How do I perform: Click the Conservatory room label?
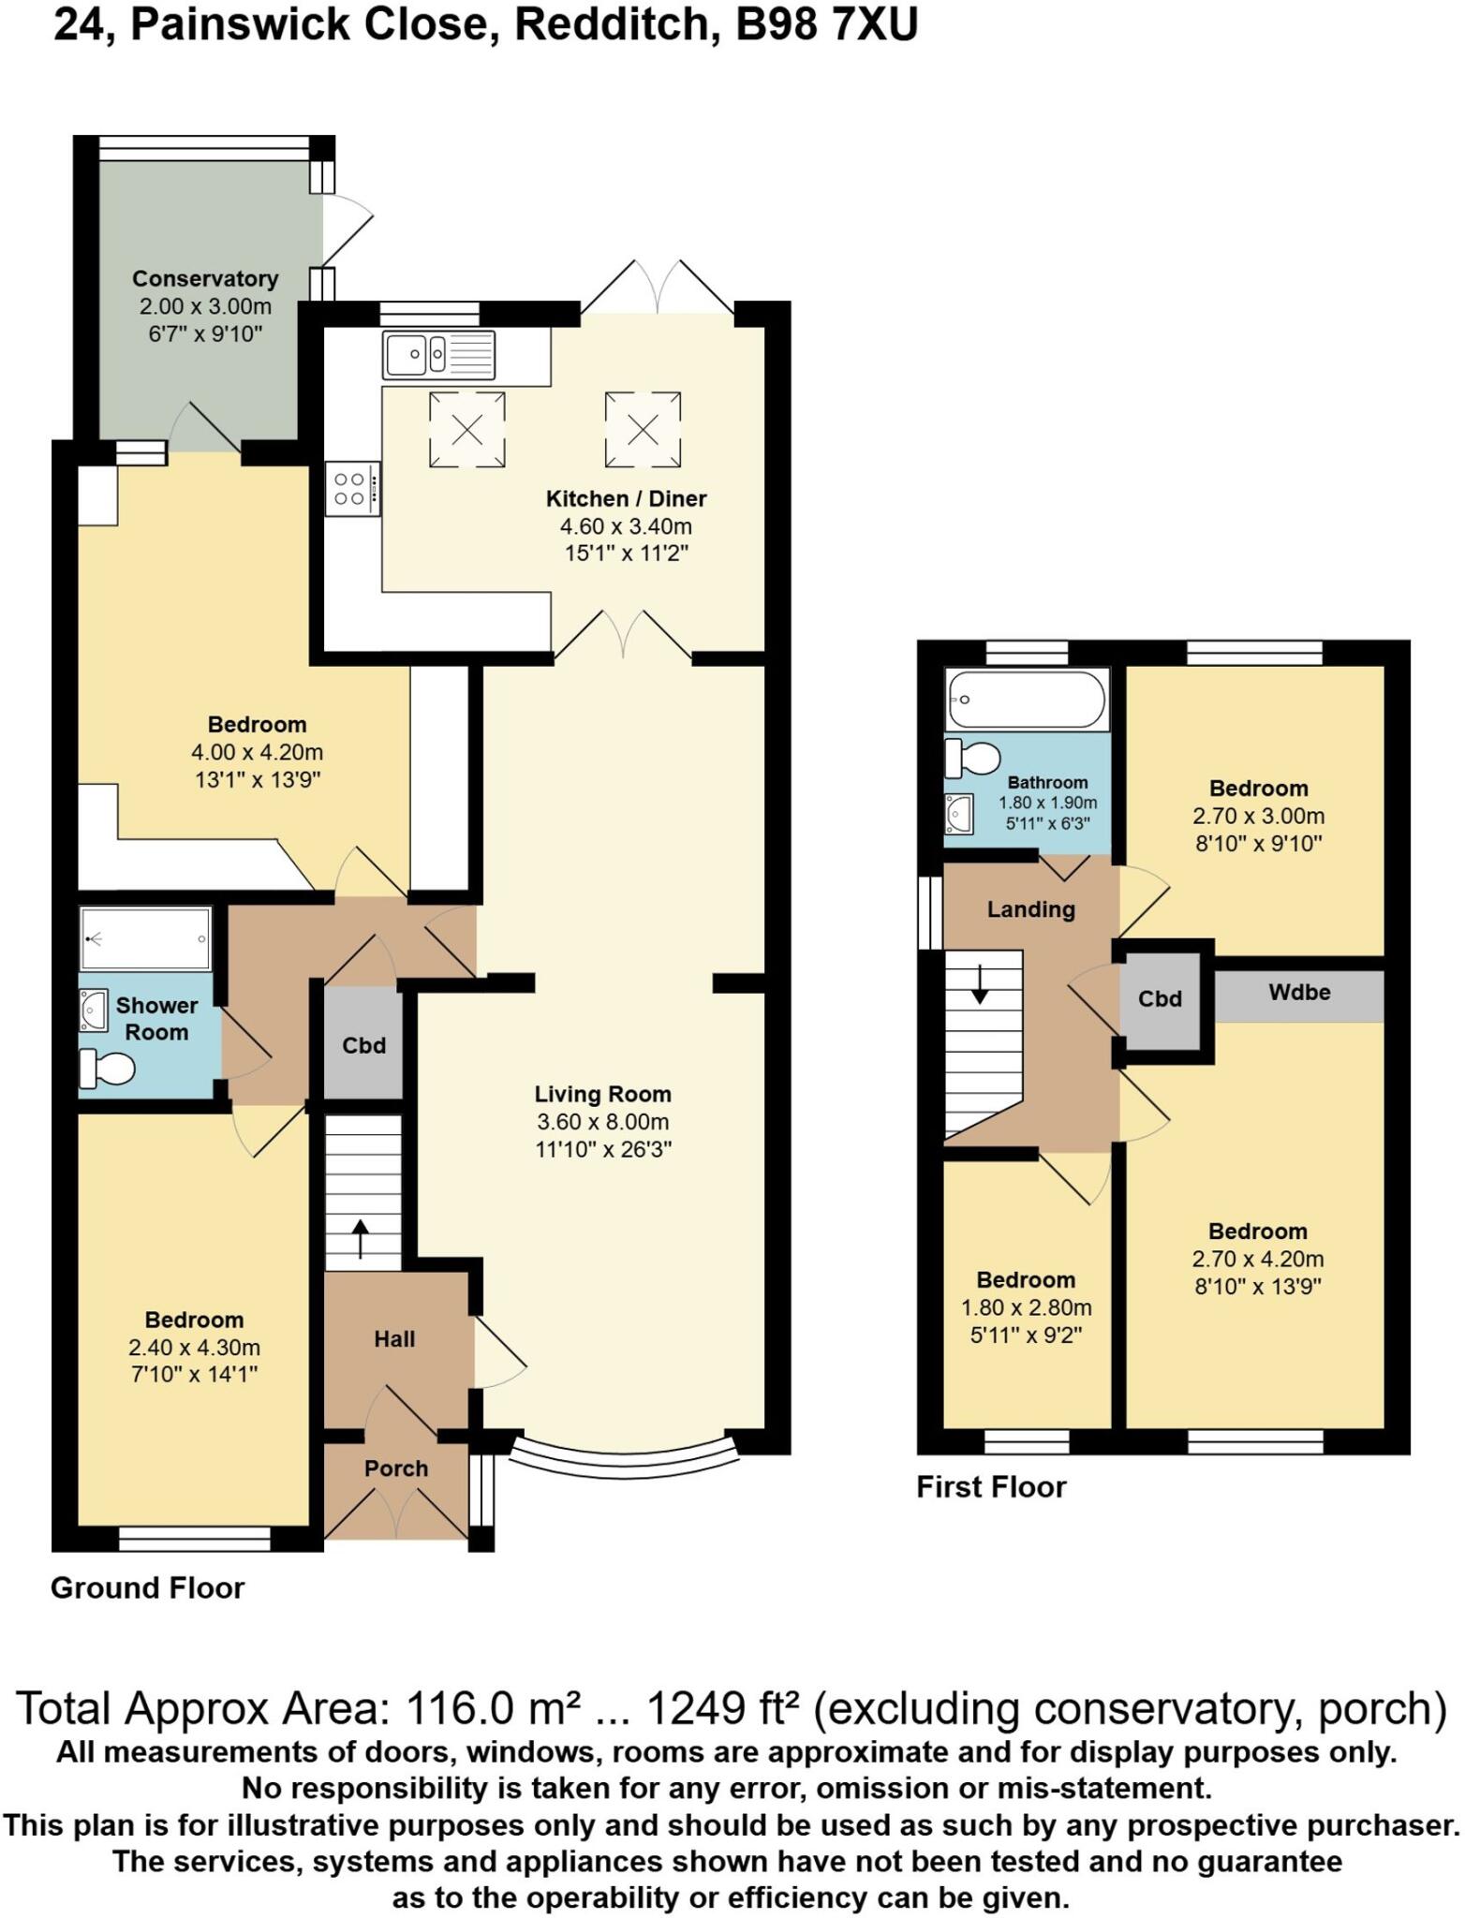pos(205,278)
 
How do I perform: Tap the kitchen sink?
pos(438,355)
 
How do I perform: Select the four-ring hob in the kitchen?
pos(353,488)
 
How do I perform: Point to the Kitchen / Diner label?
pos(626,498)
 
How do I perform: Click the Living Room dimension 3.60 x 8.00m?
pos(602,1121)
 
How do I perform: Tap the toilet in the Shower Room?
pos(106,1069)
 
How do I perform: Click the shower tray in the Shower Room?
pos(145,937)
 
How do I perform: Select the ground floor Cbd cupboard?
pos(363,1043)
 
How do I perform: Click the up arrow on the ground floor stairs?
pos(361,1237)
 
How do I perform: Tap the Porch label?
pos(396,1468)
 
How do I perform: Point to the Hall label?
pos(394,1339)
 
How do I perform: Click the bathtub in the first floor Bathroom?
pos(1027,700)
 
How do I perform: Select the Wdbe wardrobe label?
pos(1299,993)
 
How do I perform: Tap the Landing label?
pos(1030,909)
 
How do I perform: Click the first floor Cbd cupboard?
pos(1160,999)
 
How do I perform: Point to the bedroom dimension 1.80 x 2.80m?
pos(1027,1307)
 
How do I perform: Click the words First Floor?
pos(991,1487)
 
